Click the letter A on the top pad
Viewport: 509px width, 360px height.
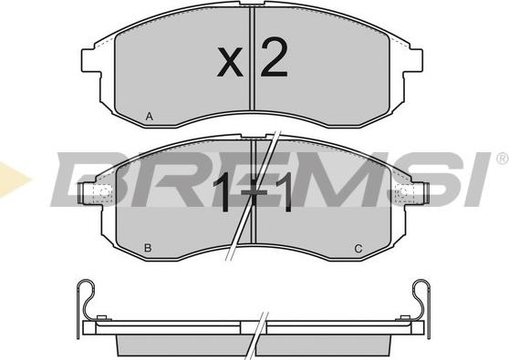point(149,116)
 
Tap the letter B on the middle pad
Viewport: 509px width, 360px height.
point(148,248)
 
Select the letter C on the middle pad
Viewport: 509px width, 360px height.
point(358,249)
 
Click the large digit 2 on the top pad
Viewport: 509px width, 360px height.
point(274,57)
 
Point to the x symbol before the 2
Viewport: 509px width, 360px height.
point(230,62)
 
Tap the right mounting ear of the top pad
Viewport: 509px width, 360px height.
point(412,60)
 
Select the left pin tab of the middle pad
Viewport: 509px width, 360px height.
point(87,193)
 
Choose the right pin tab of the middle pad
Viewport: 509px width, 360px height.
point(421,192)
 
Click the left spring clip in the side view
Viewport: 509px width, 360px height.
point(85,302)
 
